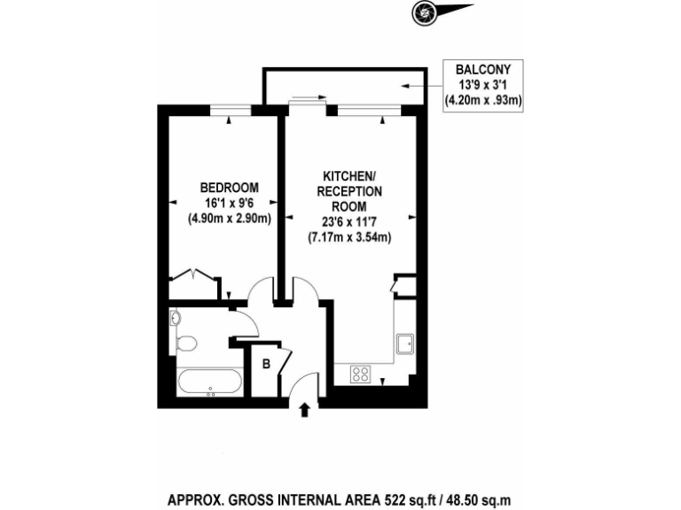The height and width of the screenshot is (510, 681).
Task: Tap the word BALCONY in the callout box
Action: coord(482,68)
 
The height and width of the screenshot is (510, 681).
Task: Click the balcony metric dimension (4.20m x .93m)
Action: coord(482,100)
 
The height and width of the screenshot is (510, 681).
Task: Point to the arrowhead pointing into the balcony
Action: coord(404,86)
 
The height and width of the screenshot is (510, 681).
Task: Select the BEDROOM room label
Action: coord(229,187)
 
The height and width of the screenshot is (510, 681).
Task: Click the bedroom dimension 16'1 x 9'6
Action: coord(229,203)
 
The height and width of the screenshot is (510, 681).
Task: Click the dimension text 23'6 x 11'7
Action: coord(349,222)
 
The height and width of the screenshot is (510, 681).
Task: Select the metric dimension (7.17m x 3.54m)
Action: coord(349,237)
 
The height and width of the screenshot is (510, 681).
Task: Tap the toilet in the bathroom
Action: coord(186,343)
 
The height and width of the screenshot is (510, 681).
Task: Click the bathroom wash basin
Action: coord(175,318)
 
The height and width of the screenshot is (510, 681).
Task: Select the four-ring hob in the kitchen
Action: coord(361,375)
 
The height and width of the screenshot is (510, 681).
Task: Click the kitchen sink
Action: coord(405,344)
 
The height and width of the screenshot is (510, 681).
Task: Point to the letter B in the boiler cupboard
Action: coord(265,363)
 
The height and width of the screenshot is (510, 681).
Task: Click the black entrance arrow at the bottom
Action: coord(306,409)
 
